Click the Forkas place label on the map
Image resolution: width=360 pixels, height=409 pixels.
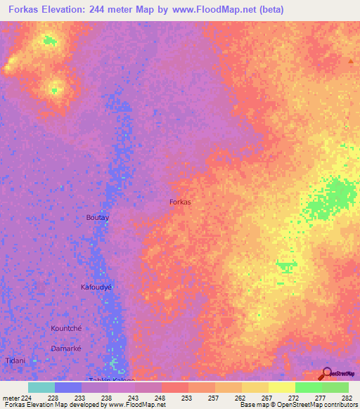pos(181,202)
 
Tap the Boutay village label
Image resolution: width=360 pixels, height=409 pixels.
pos(97,218)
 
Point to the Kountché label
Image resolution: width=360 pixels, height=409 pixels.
pos(66,328)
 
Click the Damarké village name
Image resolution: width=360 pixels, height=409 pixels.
pos(68,348)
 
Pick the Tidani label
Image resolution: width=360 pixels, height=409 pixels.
pos(15,361)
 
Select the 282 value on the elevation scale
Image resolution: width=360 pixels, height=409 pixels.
pos(347,397)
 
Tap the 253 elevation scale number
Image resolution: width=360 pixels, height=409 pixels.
pos(186,397)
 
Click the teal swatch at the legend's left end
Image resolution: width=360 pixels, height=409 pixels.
pos(41,387)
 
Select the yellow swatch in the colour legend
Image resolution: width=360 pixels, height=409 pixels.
pos(281,387)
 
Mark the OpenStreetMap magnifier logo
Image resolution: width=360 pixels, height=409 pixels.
pos(326,372)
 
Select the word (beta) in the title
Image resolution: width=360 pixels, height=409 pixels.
pos(270,9)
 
